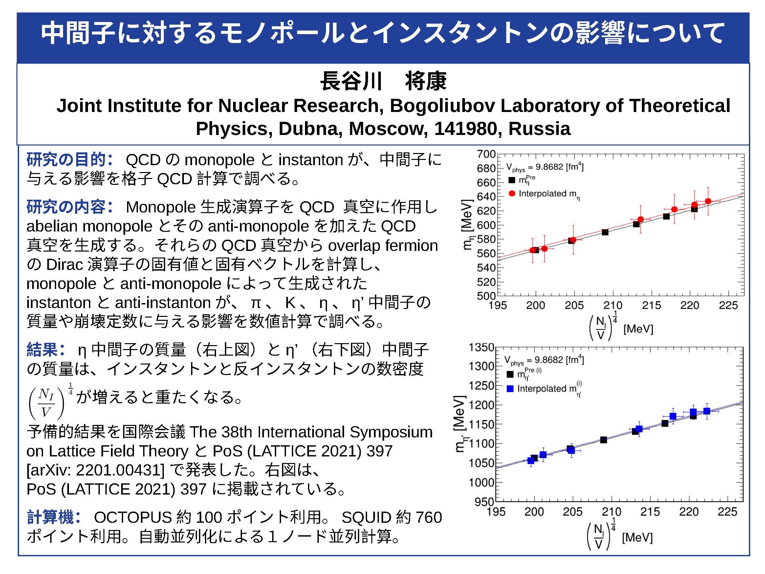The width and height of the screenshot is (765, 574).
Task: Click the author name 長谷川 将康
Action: click(x=383, y=81)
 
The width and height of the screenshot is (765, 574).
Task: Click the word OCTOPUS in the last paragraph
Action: click(x=132, y=518)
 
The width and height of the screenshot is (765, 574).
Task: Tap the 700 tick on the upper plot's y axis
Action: click(x=486, y=154)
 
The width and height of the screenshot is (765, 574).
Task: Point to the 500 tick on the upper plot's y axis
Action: click(x=486, y=296)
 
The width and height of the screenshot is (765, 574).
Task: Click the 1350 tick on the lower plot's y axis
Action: click(x=481, y=347)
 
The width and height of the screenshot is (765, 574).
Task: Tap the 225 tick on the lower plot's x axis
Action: click(x=727, y=512)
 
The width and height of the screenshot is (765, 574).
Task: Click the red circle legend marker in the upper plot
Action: click(x=512, y=193)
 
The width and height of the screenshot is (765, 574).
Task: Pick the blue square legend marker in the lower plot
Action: click(x=510, y=388)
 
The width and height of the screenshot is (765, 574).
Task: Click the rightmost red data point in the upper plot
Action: click(x=708, y=201)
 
